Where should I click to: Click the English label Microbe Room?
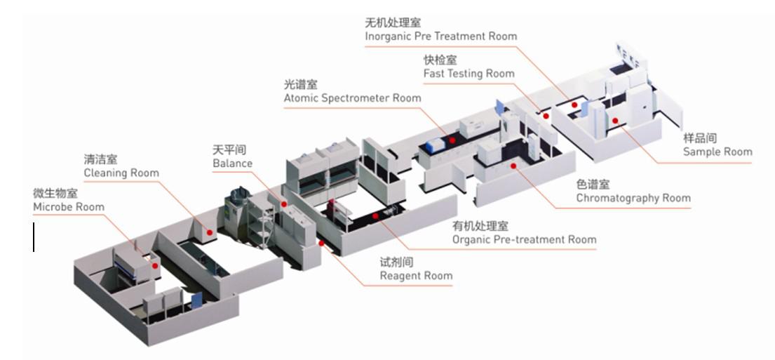pos(68,207)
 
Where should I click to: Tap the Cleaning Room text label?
pos(121,173)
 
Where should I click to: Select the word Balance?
pos(232,164)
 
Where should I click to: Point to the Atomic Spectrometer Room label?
pos(352,98)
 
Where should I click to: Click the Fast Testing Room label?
pos(469,73)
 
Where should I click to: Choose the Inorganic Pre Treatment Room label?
pos(440,36)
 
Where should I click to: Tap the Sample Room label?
pos(717,152)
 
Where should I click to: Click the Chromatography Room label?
pos(633,198)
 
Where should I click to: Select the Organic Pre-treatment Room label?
pos(524,239)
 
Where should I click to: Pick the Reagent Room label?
pos(416,275)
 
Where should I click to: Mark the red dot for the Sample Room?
pos(614,120)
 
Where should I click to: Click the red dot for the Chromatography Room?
pos(514,166)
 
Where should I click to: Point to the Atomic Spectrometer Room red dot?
pos(452,140)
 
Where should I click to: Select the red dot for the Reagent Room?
pos(322,244)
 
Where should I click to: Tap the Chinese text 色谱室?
pos(593,185)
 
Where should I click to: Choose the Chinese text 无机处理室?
pos(393,22)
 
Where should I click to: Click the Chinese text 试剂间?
pos(396,262)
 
